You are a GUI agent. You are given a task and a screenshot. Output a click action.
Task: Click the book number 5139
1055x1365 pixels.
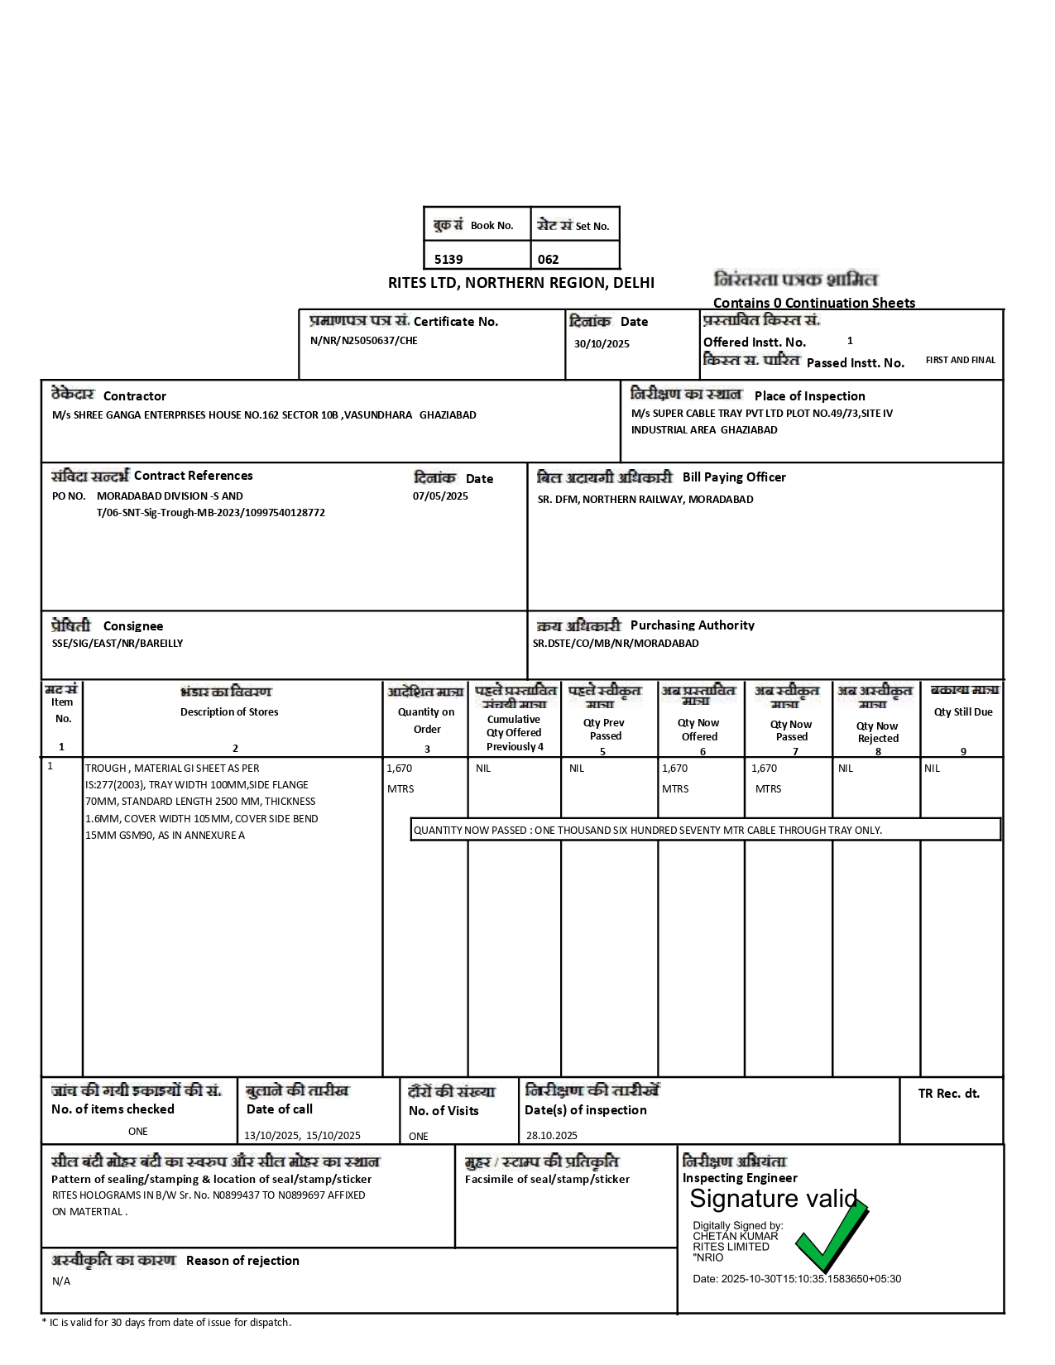[x=448, y=259]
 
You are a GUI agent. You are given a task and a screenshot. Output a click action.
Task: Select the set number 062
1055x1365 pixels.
[x=548, y=259]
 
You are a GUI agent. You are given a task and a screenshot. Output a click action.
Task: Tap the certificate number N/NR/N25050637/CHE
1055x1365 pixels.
[x=363, y=341]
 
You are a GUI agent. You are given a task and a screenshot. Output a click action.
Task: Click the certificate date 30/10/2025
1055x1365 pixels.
[x=602, y=343]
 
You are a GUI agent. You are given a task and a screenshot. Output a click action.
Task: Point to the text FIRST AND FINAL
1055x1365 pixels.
[x=960, y=360]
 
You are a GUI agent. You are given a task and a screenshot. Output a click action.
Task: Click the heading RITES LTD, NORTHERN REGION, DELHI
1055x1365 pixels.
[x=520, y=283]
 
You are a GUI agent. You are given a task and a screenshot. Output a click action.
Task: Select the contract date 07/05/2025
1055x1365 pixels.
[x=440, y=496]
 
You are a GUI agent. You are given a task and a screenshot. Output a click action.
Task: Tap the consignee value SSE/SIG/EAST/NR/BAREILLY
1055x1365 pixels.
[x=117, y=643]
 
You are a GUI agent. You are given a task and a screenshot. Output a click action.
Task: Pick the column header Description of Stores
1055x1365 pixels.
[x=229, y=711]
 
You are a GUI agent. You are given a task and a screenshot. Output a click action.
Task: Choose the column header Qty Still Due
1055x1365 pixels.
[x=963, y=711]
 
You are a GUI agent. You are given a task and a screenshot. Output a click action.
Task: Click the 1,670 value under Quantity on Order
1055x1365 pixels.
[x=399, y=769]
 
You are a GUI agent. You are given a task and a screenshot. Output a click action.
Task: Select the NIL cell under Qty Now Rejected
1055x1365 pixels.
[x=845, y=769]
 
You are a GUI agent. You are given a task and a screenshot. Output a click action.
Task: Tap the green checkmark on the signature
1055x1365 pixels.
[x=831, y=1237]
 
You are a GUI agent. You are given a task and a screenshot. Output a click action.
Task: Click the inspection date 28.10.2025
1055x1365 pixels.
[x=551, y=1135]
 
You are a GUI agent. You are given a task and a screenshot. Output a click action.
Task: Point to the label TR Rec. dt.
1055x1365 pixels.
[x=948, y=1094]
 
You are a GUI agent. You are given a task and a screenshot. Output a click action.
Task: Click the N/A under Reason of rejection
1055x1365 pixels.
[x=61, y=1281]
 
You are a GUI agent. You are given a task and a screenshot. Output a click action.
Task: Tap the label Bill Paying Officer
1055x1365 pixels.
[x=734, y=477]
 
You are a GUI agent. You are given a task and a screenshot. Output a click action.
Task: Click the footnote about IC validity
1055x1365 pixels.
[x=166, y=1322]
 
